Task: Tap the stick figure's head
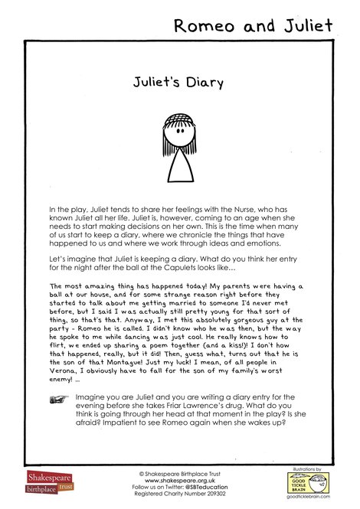(179, 126)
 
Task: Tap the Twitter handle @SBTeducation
(210, 487)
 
